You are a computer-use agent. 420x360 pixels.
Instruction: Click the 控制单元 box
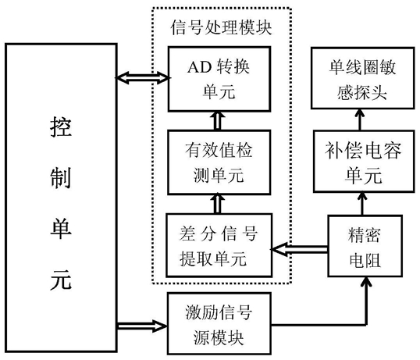pyautogui.click(x=61, y=198)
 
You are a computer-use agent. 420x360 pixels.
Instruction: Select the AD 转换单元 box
pyautogui.click(x=219, y=79)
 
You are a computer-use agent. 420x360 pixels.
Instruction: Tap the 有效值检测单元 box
pyautogui.click(x=219, y=162)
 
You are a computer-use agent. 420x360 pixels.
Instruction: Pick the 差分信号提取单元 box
pyautogui.click(x=219, y=245)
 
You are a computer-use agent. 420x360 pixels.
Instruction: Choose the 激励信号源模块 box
pyautogui.click(x=219, y=323)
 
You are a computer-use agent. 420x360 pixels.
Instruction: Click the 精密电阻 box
pyautogui.click(x=365, y=246)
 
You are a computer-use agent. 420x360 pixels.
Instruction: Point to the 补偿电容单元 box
pyautogui.click(x=364, y=161)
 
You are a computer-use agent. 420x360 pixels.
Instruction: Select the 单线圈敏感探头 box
pyautogui.click(x=363, y=78)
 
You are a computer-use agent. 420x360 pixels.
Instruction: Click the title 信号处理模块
pyautogui.click(x=221, y=27)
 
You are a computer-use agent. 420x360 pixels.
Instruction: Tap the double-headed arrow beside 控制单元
pyautogui.click(x=143, y=77)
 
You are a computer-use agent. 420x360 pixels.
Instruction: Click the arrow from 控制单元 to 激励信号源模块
pyautogui.click(x=142, y=326)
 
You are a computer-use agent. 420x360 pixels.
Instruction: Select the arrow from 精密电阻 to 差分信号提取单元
pyautogui.click(x=300, y=249)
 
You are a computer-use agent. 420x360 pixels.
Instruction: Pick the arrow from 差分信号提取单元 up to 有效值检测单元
pyautogui.click(x=218, y=204)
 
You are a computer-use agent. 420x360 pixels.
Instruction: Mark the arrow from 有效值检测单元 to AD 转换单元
pyautogui.click(x=218, y=121)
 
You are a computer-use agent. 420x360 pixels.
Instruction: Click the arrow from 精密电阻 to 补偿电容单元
pyautogui.click(x=362, y=204)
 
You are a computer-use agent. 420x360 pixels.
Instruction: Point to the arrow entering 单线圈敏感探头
pyautogui.click(x=360, y=119)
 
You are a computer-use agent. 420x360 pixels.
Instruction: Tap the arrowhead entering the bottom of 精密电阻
pyautogui.click(x=366, y=281)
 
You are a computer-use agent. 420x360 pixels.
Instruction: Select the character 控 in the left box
pyautogui.click(x=61, y=127)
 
